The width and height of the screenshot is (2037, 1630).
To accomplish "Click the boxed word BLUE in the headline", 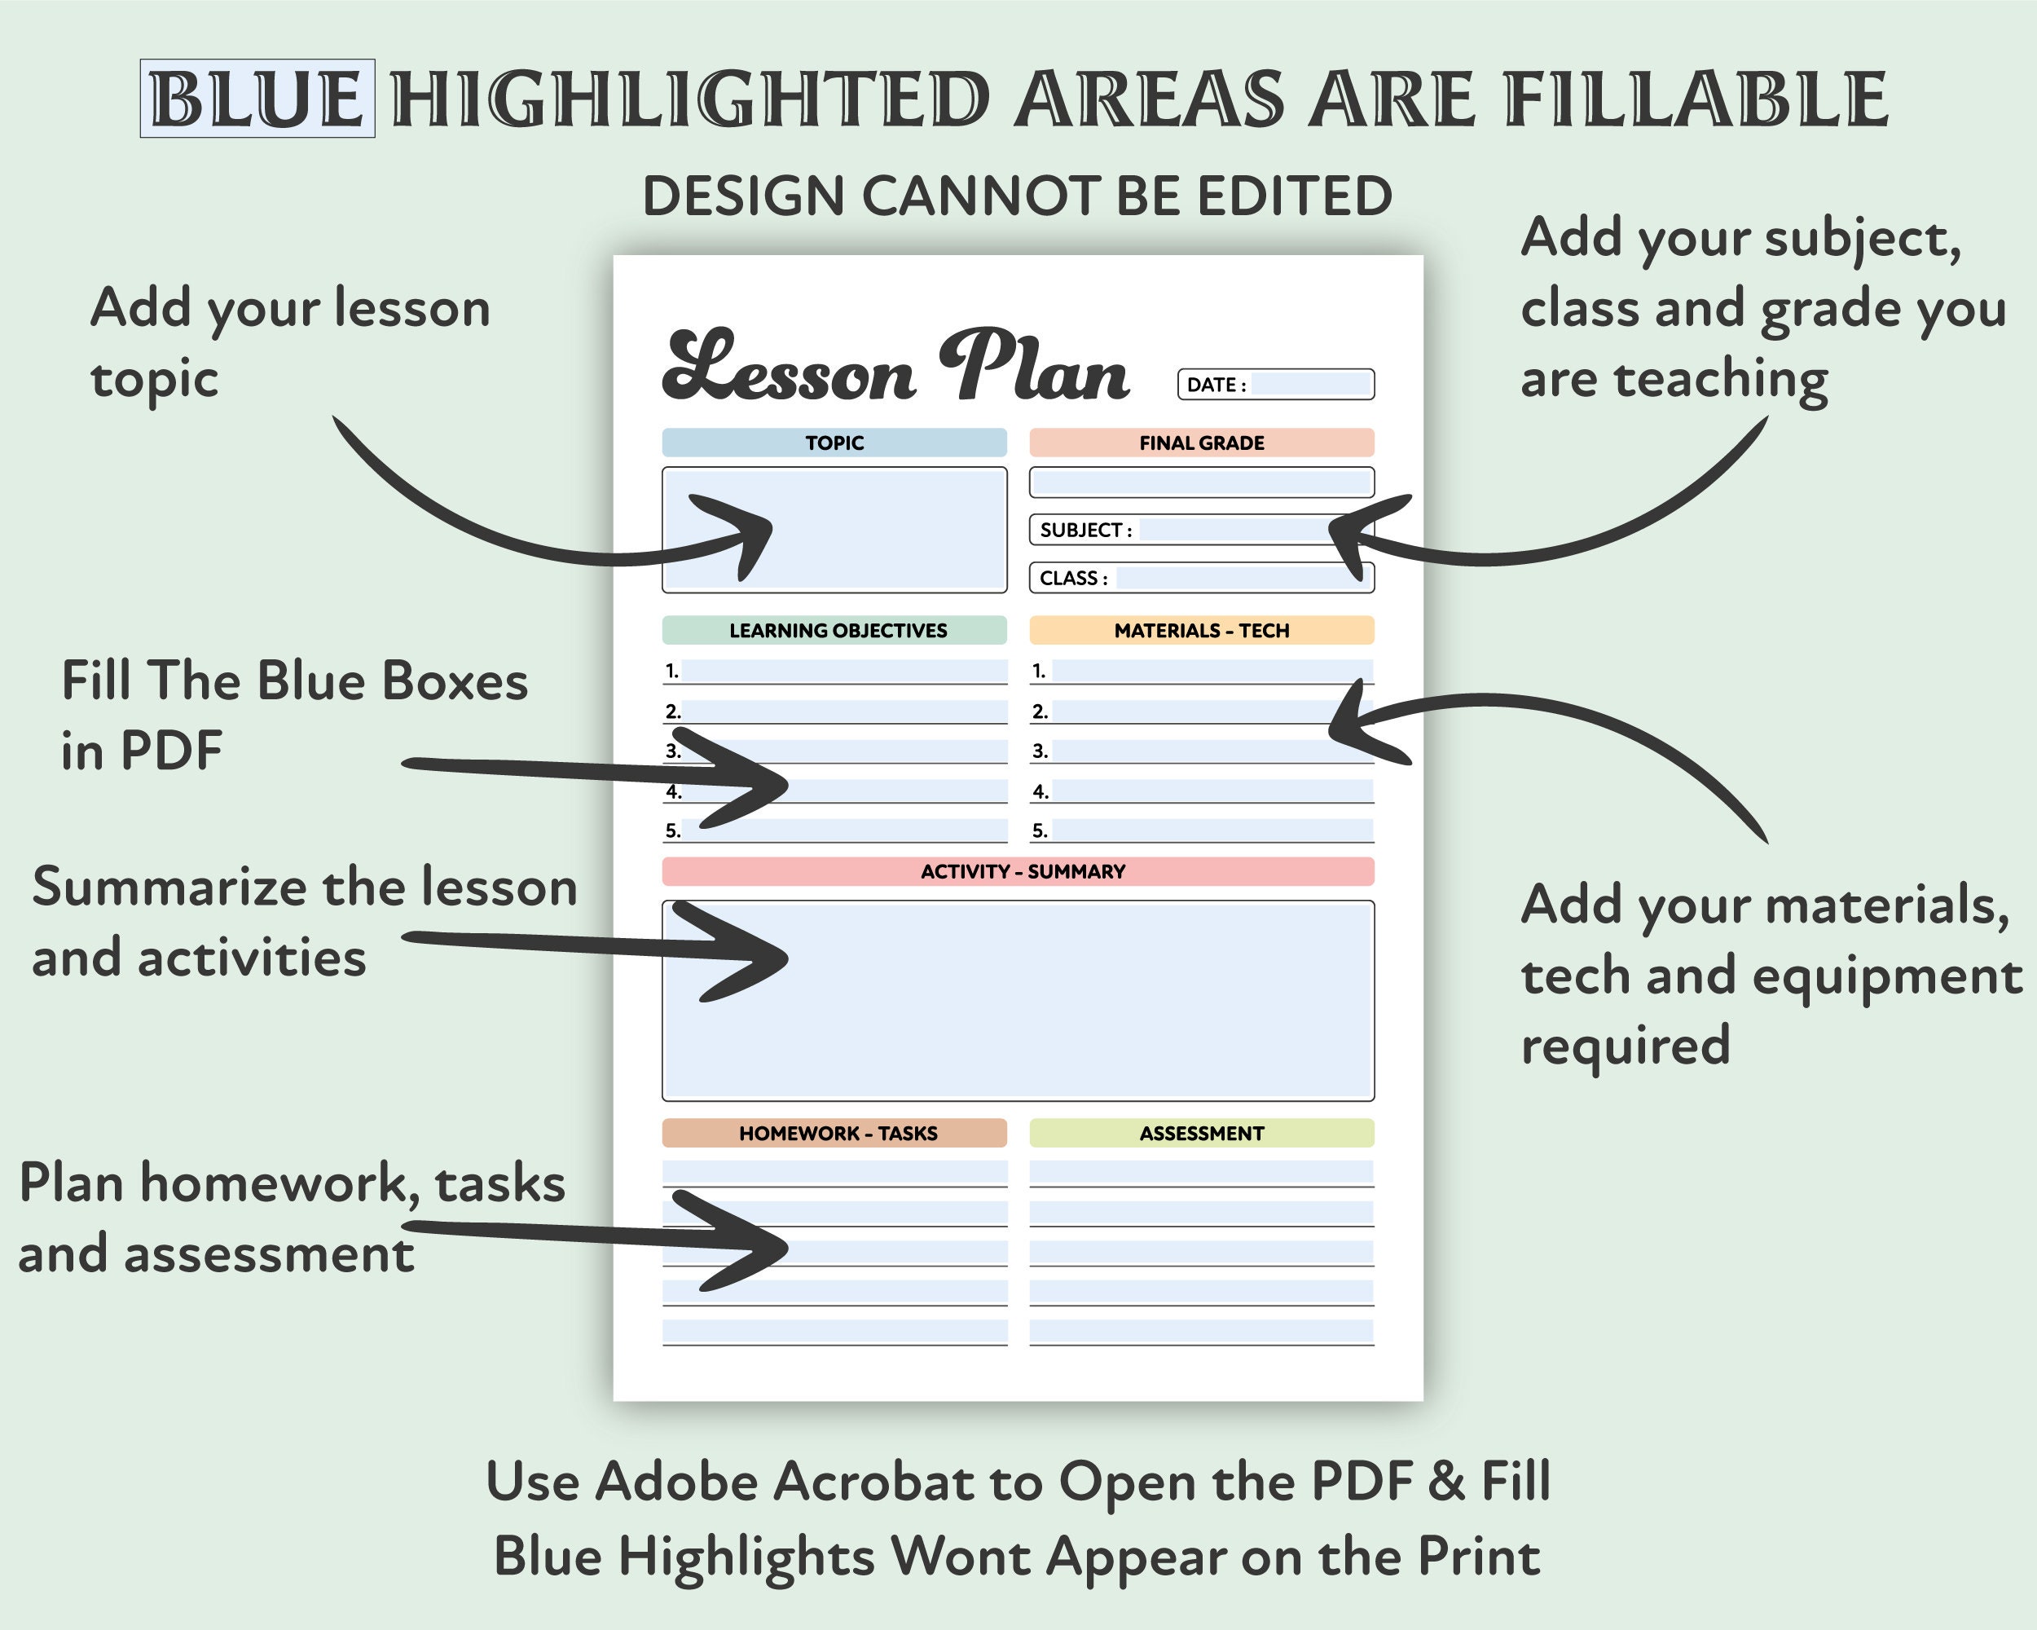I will point(257,99).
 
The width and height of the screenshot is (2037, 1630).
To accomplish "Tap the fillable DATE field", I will point(1310,384).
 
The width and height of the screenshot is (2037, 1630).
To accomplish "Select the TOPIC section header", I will point(834,443).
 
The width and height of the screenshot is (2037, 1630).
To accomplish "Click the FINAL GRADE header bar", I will point(1201,443).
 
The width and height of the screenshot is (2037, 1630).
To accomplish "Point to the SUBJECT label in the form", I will point(1084,530).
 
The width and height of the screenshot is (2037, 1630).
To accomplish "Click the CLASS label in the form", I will point(1072,579).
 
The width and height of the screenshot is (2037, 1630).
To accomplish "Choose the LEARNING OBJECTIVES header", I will point(837,630).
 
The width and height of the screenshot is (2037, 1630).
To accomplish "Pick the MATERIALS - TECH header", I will point(1201,630).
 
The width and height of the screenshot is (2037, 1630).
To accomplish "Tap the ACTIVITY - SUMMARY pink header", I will point(1023,871).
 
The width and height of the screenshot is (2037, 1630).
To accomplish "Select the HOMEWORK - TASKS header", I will point(837,1133).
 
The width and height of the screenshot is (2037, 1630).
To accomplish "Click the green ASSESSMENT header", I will point(1201,1133).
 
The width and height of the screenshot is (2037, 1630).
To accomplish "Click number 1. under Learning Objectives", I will point(671,671).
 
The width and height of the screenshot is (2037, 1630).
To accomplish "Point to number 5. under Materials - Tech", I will point(1040,830).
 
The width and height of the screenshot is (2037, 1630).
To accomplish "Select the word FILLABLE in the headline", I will point(1696,99).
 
